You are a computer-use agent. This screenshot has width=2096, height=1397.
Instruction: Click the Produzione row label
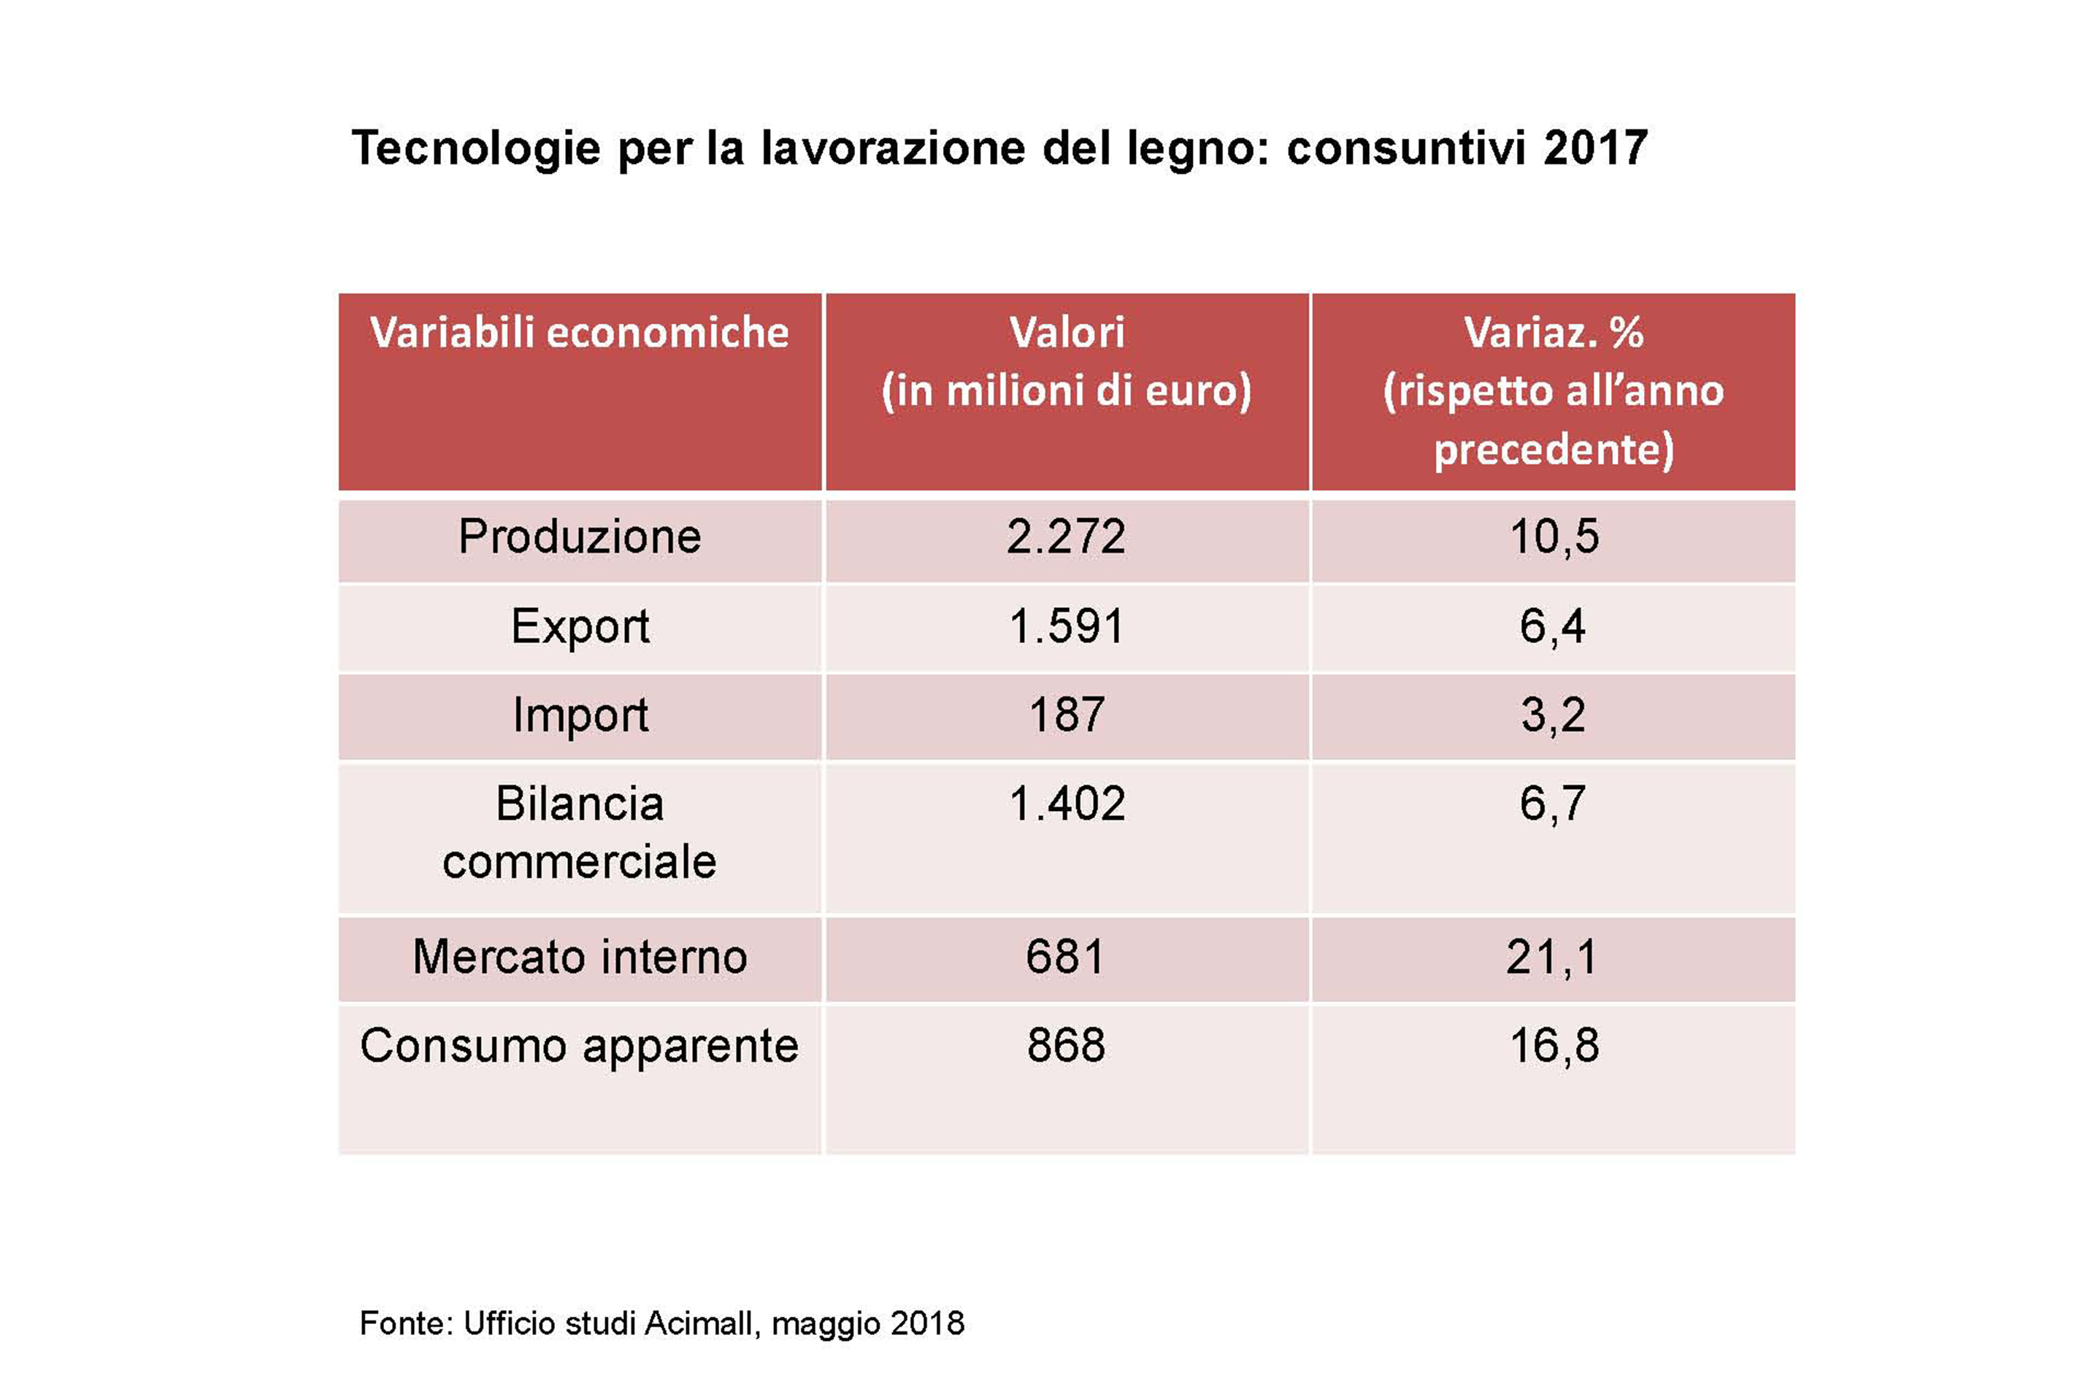[x=579, y=537]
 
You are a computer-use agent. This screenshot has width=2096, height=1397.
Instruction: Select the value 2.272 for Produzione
[x=1066, y=537]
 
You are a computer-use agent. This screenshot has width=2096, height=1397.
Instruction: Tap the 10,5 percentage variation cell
[x=1554, y=537]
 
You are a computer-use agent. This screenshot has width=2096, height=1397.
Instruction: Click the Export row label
[x=579, y=626]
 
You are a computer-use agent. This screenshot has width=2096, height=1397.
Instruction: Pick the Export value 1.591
[x=1066, y=626]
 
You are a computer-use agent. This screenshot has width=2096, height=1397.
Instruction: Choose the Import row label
[x=579, y=715]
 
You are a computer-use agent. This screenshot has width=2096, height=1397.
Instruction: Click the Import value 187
[x=1066, y=715]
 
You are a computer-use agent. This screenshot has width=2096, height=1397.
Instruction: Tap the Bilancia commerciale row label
[x=579, y=833]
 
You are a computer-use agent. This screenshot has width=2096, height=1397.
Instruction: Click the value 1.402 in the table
[x=1066, y=804]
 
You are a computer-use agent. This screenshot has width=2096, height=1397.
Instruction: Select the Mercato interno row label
[x=579, y=958]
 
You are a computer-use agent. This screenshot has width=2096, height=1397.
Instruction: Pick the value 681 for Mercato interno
[x=1065, y=958]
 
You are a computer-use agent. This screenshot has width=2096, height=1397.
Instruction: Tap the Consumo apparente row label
[x=579, y=1046]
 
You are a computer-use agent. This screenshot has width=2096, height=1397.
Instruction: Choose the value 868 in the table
[x=1066, y=1046]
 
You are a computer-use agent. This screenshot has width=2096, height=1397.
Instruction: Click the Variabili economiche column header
[x=579, y=332]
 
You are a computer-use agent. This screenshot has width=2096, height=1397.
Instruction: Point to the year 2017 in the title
[x=1594, y=148]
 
